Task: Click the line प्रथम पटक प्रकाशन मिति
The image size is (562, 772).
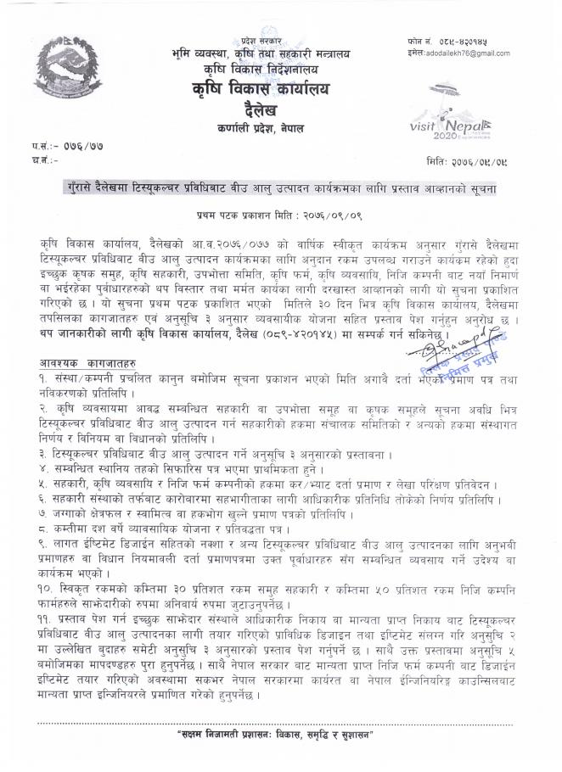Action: click(280, 215)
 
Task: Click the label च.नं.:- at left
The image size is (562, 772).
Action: click(30, 159)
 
